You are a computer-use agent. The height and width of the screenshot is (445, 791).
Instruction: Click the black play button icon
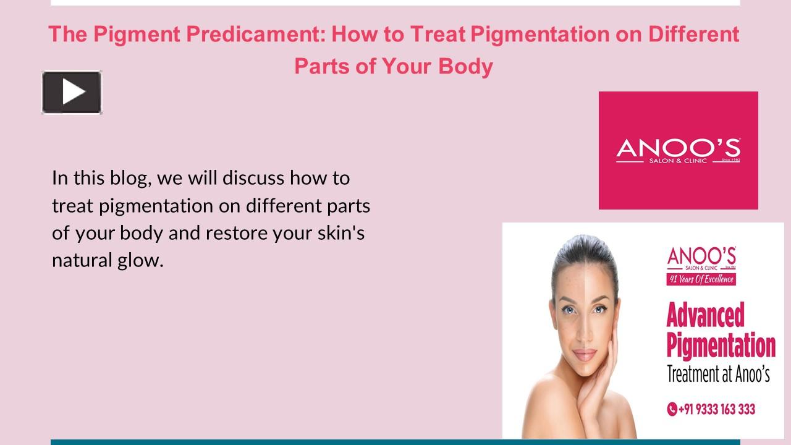point(72,92)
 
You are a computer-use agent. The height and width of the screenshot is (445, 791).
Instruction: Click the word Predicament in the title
point(255,34)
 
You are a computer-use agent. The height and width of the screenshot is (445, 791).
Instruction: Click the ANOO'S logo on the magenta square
point(678,150)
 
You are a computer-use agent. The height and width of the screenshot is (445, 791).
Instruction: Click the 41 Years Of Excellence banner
point(701,279)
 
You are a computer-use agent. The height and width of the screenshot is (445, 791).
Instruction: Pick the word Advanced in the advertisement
point(705,316)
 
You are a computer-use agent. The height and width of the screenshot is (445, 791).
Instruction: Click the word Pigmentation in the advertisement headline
point(721,346)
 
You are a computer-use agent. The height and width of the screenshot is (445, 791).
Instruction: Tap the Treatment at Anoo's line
point(718,375)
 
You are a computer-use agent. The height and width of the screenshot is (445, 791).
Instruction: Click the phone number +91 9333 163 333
point(716,409)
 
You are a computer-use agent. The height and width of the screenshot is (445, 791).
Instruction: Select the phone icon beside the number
point(672,409)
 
